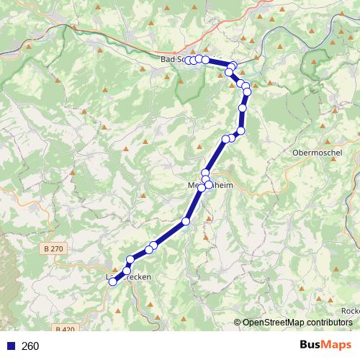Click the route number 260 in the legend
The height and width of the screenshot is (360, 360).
30,346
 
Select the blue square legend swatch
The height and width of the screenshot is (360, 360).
11,346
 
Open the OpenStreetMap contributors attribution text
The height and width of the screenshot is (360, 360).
297,323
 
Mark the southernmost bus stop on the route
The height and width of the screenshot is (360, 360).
113,282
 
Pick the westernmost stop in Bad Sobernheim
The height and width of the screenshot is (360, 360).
189,60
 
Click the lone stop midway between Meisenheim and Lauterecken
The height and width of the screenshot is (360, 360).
186,221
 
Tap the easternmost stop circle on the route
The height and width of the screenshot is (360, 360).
247,91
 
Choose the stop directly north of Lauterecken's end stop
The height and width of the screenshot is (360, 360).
127,270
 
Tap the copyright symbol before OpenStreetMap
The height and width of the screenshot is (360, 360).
238,323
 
